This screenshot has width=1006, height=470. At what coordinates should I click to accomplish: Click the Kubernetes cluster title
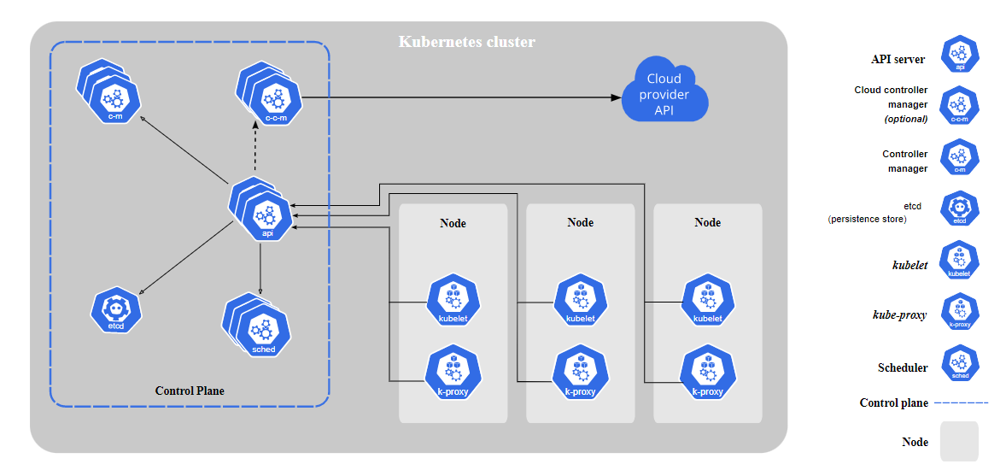point(467,42)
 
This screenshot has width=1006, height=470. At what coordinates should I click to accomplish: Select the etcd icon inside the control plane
point(116,311)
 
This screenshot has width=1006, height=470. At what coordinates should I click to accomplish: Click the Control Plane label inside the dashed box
point(190,391)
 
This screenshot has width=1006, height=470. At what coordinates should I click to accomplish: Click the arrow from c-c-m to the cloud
point(461,98)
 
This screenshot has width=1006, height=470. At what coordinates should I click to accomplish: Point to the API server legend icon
point(959,55)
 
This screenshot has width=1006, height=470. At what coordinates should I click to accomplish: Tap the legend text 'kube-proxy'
point(898,315)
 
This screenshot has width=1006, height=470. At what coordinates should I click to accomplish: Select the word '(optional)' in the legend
point(905,119)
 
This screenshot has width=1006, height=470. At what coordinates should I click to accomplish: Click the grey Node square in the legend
point(959,442)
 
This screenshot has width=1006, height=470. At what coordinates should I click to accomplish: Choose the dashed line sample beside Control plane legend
point(962,402)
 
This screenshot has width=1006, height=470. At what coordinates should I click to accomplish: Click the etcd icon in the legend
point(959,209)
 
